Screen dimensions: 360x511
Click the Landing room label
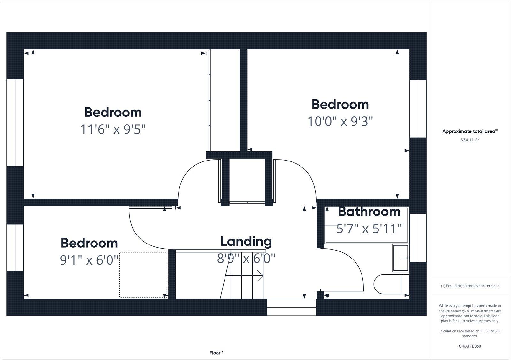(246, 242)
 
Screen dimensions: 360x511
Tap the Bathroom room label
(369, 212)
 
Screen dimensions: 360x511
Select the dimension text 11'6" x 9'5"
(113, 130)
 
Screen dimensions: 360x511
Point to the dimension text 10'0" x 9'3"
(340, 122)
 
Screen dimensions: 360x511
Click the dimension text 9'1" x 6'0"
(89, 260)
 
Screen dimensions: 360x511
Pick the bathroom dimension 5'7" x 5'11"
(369, 229)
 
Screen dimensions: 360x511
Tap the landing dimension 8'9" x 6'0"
(246, 258)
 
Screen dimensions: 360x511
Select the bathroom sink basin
(400, 258)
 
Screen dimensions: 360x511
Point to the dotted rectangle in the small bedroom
(143, 275)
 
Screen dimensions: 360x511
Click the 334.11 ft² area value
(470, 140)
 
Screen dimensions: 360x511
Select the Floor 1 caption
(217, 353)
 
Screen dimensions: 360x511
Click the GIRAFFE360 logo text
(470, 346)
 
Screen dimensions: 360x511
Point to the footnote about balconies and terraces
(470, 286)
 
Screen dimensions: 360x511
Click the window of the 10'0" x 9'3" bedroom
(418, 109)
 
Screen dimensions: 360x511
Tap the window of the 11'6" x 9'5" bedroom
(15, 123)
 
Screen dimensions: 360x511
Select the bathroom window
(418, 238)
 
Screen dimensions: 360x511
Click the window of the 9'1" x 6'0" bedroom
(15, 247)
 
